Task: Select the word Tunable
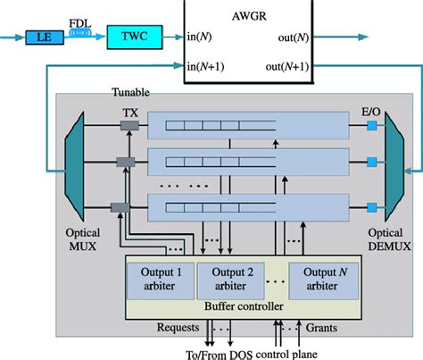click(131, 92)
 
